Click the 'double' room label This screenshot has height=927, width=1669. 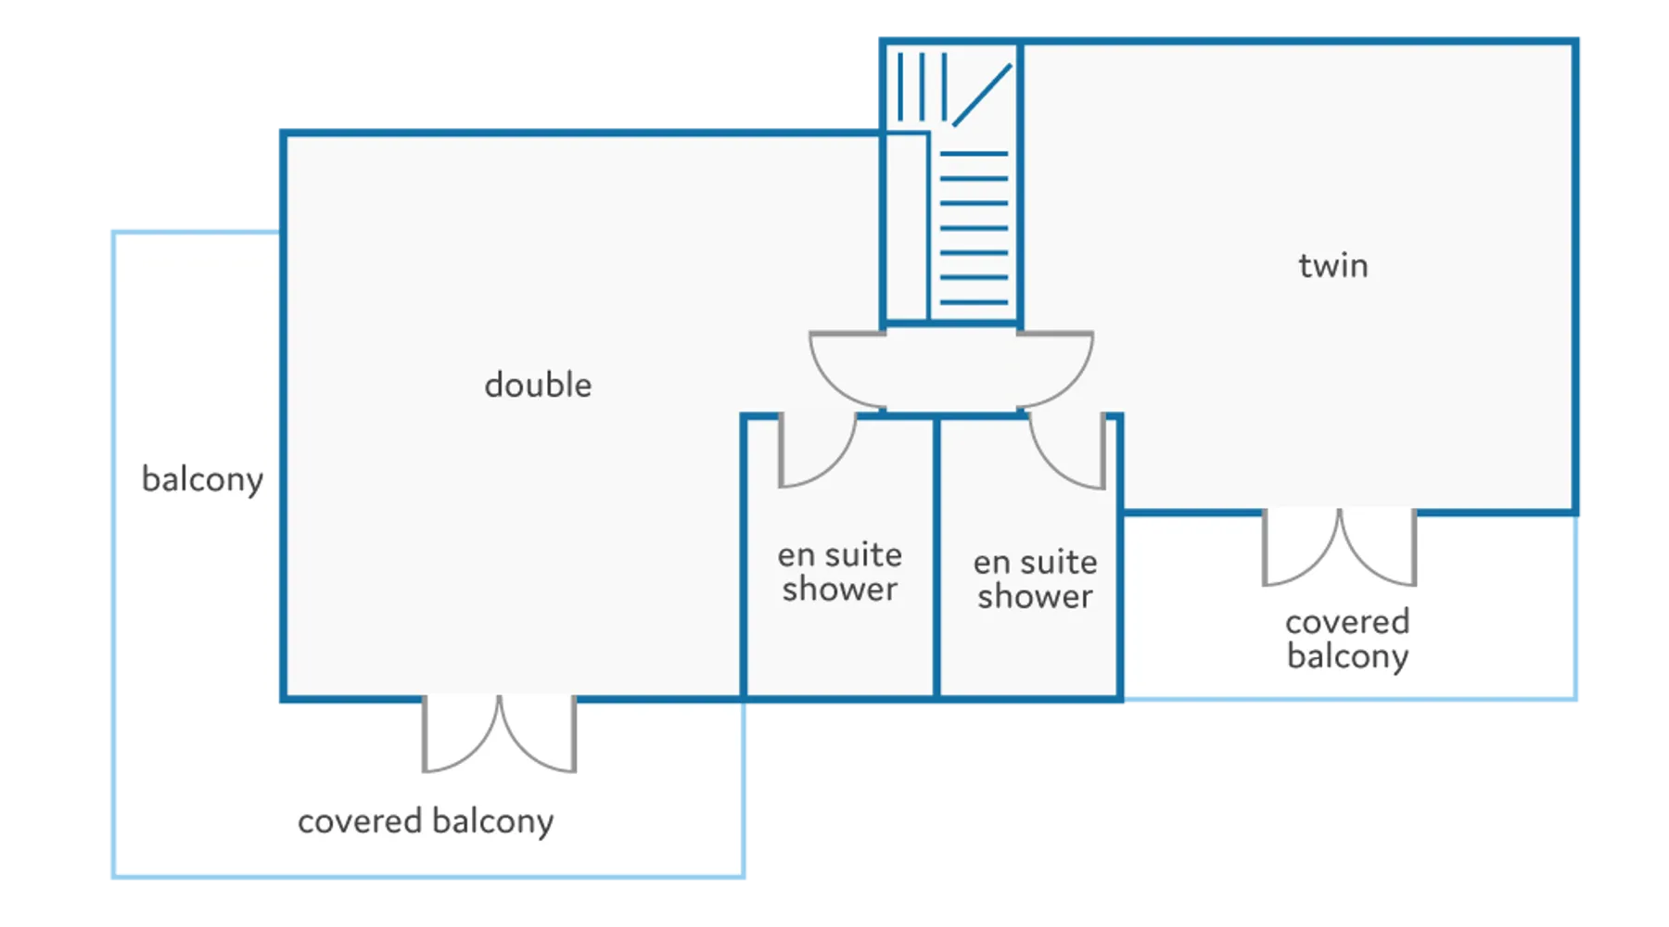(538, 385)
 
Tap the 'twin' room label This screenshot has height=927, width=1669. (1332, 266)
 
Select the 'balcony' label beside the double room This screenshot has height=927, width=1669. (202, 479)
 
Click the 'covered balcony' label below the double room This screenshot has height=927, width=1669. (426, 821)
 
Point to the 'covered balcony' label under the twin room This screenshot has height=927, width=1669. (1347, 639)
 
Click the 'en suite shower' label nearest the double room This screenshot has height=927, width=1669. (839, 572)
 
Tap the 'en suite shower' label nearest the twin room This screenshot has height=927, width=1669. (1035, 579)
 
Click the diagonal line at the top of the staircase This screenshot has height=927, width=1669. (982, 95)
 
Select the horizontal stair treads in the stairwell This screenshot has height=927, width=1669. (974, 228)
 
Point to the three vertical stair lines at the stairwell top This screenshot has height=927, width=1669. (922, 86)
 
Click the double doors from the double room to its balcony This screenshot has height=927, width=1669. (499, 734)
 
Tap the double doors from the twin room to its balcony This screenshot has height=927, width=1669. (1339, 548)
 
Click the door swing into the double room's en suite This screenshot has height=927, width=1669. (816, 452)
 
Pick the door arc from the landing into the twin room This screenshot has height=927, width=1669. (1057, 369)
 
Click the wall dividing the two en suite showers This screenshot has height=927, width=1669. (936, 556)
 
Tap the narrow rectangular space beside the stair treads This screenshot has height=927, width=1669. (906, 227)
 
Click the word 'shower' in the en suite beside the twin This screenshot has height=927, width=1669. (1035, 596)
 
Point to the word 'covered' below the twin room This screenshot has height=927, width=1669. (1347, 621)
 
